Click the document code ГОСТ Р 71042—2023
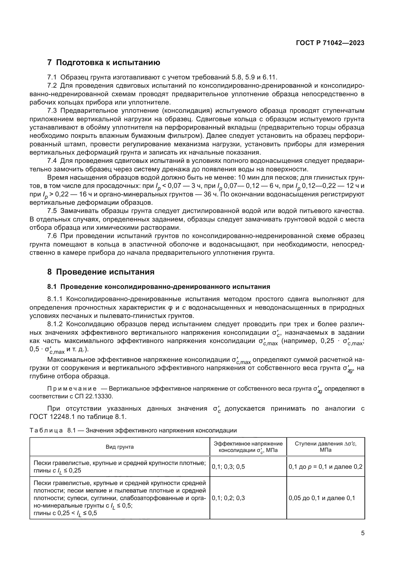click(330, 43)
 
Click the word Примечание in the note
click(72, 389)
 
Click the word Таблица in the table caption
click(46, 431)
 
